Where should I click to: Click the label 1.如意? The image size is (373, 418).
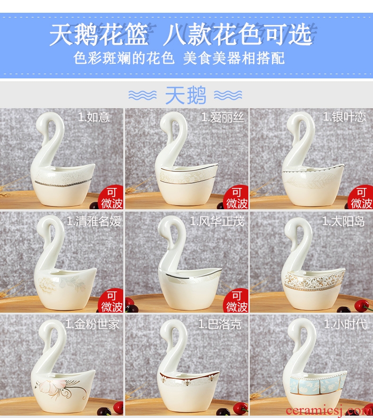point(93,117)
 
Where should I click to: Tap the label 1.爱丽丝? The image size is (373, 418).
point(222,117)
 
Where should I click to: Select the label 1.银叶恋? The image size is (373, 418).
point(344,117)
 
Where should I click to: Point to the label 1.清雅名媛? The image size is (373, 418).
point(94,221)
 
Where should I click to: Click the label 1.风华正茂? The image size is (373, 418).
point(217,221)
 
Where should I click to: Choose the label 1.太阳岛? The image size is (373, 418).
point(343,221)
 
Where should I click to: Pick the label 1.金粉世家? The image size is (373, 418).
point(92,324)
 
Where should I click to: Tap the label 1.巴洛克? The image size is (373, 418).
point(220,324)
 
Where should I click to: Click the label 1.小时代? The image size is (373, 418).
point(345,324)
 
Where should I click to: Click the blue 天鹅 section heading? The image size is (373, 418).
point(186,95)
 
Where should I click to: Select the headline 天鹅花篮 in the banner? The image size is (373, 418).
point(99,34)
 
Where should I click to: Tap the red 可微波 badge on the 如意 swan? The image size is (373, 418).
point(111,197)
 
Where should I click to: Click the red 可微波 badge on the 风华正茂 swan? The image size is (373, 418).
point(237,301)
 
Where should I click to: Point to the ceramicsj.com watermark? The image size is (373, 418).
point(329,411)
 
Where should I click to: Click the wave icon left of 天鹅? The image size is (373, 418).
point(143,95)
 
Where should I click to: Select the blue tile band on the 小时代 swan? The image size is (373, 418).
point(318,384)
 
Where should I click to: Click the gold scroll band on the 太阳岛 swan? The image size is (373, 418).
point(314,281)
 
